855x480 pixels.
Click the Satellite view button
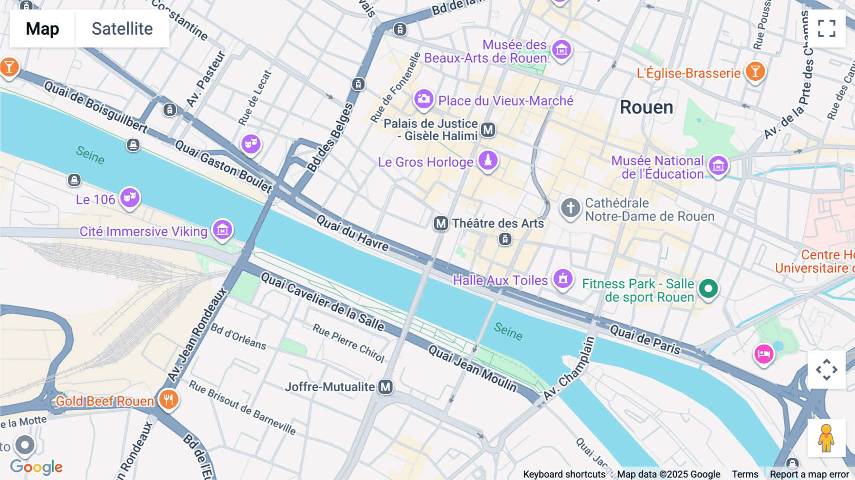[122, 29]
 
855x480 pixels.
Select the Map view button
[42, 29]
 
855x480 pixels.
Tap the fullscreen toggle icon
[826, 29]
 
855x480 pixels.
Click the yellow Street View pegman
[826, 438]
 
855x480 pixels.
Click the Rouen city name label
[646, 107]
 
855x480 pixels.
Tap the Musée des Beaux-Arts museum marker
[561, 49]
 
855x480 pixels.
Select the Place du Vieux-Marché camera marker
[423, 99]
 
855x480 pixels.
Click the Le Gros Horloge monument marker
[488, 160]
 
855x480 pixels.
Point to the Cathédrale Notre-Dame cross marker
[570, 208]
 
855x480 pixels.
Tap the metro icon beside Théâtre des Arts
[441, 223]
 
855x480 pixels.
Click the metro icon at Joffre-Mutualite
[386, 387]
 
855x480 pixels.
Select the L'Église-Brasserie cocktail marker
[755, 72]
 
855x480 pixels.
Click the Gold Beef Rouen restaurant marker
[168, 399]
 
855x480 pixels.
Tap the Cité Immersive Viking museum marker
[222, 230]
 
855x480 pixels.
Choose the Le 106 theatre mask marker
[130, 197]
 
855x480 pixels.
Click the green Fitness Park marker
[708, 288]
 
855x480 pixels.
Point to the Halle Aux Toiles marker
[563, 278]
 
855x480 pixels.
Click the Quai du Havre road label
[352, 233]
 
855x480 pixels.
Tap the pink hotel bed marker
[764, 354]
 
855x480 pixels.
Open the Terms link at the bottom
[745, 474]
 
